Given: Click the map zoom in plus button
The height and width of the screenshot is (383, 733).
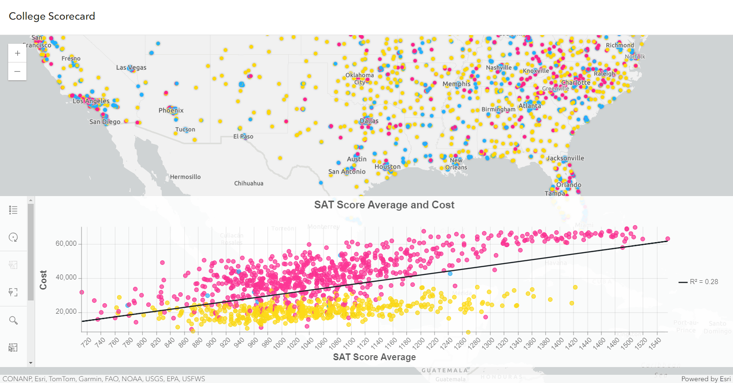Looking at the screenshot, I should coord(17,53).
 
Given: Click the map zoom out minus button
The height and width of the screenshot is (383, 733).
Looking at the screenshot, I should coord(17,72).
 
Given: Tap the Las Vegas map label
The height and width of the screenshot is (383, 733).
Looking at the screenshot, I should coord(131,67).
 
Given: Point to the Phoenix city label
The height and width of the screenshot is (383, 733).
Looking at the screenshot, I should coord(171,110).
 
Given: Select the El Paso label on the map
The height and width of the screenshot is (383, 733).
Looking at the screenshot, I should coord(243,136).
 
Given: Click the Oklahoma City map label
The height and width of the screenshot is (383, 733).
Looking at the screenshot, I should coord(359,78).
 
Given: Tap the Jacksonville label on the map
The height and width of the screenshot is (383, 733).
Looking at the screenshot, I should coord(565,158).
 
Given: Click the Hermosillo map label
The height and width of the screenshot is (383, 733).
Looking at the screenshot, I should coord(185,177).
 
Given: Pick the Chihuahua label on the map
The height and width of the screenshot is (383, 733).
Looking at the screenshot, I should coord(249,183).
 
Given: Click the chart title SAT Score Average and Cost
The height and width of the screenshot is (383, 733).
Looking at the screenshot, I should coord(384,205).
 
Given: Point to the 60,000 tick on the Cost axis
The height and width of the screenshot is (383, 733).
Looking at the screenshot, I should coord(66,243).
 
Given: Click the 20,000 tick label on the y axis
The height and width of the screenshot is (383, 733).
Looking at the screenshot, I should coord(66,312).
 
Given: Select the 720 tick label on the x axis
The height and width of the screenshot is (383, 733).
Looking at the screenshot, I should coord(87,342).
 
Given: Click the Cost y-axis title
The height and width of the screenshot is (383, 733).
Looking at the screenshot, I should coord(43,280).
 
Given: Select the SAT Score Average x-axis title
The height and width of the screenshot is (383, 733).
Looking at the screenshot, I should coord(374,357).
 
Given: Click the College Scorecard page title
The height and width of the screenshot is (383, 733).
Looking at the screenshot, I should coord(52,16).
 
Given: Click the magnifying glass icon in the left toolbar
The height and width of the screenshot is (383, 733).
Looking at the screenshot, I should coord(14,321).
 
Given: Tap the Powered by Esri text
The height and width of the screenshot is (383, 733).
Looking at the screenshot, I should coord(706,379).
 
